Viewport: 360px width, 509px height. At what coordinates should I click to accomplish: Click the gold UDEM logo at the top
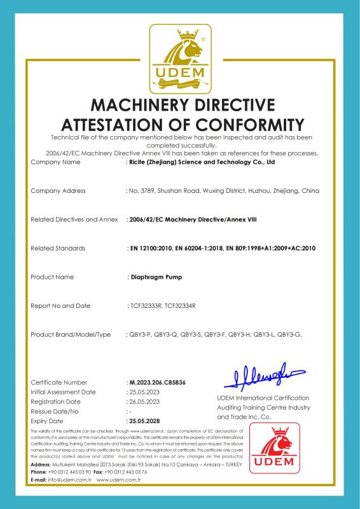pos(180,59)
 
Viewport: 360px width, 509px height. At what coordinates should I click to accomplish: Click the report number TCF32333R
pos(144,305)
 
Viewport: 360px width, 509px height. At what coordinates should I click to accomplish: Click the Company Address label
pos(58,191)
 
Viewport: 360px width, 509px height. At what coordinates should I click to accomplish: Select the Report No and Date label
pos(60,305)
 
